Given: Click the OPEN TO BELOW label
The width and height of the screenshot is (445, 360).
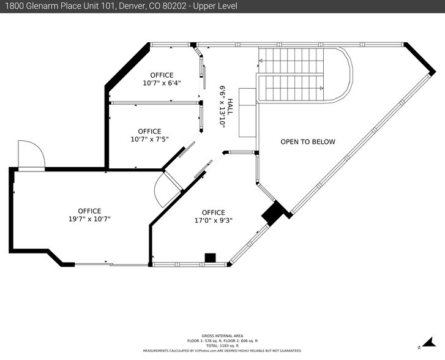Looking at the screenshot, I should (308, 142).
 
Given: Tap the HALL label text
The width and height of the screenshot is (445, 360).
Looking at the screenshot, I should (230, 109).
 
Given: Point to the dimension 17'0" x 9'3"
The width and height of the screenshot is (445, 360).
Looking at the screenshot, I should (213, 221).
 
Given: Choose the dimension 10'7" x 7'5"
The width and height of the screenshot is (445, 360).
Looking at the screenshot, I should (149, 139).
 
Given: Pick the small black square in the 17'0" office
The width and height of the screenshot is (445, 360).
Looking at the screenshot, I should (211, 258).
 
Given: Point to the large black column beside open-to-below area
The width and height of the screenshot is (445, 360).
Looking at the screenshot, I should (275, 212).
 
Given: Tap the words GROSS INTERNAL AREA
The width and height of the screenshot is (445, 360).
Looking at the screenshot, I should (222, 336).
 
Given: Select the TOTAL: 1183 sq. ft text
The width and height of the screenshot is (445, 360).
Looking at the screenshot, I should (222, 345).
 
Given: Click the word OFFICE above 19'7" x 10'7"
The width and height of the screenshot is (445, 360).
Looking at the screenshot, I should (89, 211).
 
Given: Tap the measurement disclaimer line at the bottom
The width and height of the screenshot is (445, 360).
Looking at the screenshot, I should (222, 351).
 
